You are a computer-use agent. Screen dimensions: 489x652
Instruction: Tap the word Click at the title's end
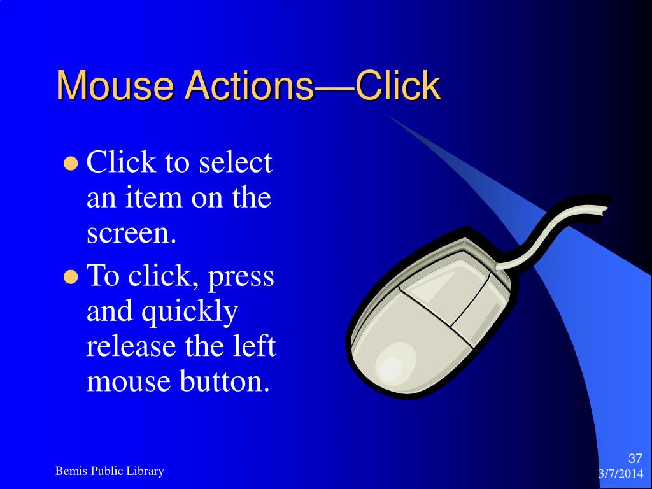(x=397, y=86)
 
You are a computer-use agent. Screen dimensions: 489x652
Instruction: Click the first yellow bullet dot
(x=71, y=164)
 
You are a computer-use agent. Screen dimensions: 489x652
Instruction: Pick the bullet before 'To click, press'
(x=71, y=277)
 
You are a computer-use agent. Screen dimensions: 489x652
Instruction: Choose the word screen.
(x=130, y=234)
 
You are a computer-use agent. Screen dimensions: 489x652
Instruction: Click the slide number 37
(x=635, y=458)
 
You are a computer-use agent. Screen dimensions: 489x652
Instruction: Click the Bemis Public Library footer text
(x=110, y=471)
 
